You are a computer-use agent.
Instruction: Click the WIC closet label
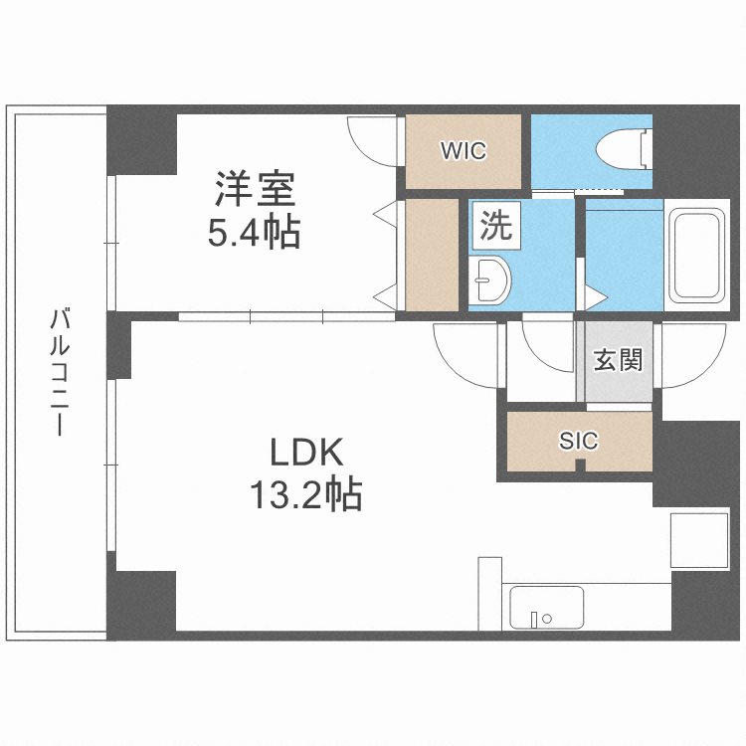[464, 151]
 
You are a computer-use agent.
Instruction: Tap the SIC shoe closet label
[578, 441]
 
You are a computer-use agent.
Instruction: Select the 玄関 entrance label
[618, 359]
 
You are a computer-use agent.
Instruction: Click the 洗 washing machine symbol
[494, 225]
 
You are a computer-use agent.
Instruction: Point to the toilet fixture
[625, 149]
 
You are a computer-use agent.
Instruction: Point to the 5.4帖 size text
[253, 234]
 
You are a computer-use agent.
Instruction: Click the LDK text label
[307, 454]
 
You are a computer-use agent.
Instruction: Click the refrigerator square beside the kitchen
[700, 541]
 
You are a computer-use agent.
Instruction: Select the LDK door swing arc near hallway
[462, 353]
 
